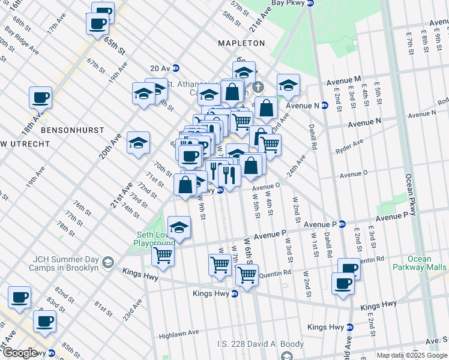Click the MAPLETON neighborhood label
pos(241,43)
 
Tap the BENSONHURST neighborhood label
pos(73,130)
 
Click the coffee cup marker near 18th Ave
pos(41,97)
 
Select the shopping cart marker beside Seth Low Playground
pos(163,254)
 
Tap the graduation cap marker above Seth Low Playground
pos(179,227)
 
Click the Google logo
pos(20,353)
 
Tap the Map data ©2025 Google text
pos(412,355)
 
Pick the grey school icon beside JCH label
pos(107,262)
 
